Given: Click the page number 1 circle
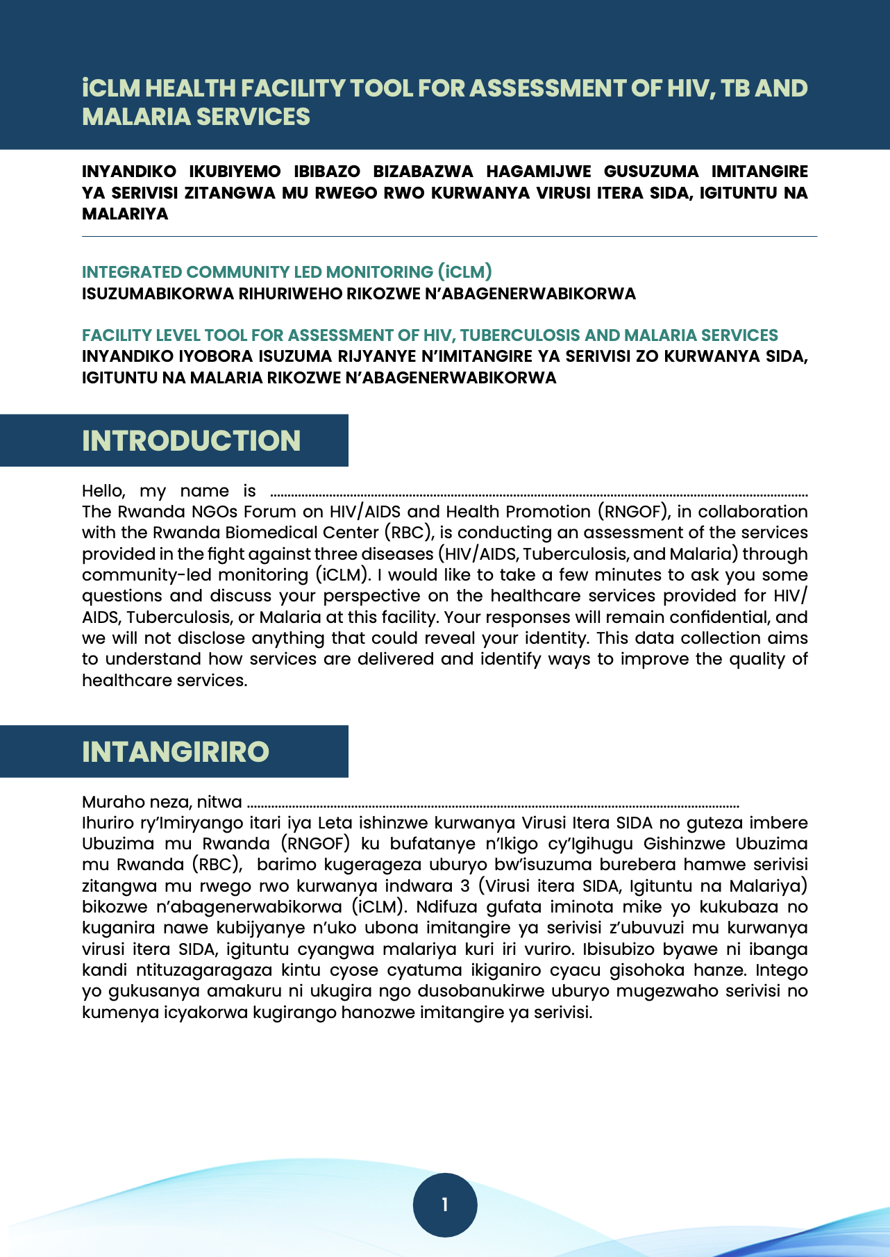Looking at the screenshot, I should (x=445, y=1205).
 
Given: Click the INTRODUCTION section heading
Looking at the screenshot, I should (x=191, y=441).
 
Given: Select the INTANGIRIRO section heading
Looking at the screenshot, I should (x=176, y=752).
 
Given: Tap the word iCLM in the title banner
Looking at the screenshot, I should (x=111, y=89).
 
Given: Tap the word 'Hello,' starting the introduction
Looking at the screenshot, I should (x=103, y=491).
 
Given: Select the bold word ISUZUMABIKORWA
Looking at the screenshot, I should (x=158, y=294).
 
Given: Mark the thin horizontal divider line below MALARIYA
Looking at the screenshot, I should (x=449, y=237).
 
